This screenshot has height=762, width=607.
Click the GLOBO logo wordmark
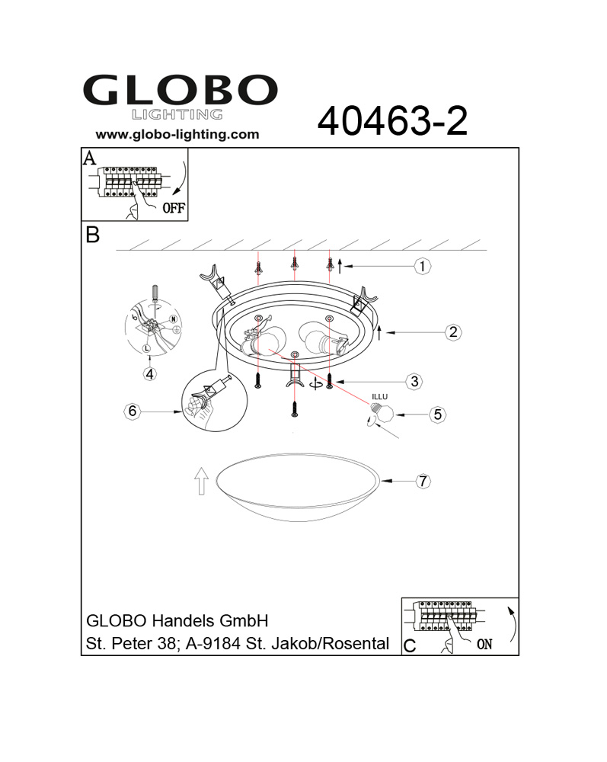pyautogui.click(x=181, y=90)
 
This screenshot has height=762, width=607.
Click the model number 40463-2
pyautogui.click(x=392, y=121)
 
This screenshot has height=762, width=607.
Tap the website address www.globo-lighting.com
pyautogui.click(x=177, y=135)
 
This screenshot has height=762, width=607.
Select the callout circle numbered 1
pyautogui.click(x=422, y=266)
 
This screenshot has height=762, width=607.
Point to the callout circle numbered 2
pyautogui.click(x=453, y=332)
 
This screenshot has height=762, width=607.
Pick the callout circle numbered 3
pyautogui.click(x=414, y=382)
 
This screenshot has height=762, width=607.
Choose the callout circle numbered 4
pyautogui.click(x=150, y=373)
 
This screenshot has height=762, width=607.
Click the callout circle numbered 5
pyautogui.click(x=437, y=415)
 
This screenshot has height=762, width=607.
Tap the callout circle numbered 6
pyautogui.click(x=132, y=411)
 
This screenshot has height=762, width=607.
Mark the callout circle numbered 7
pyautogui.click(x=423, y=481)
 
